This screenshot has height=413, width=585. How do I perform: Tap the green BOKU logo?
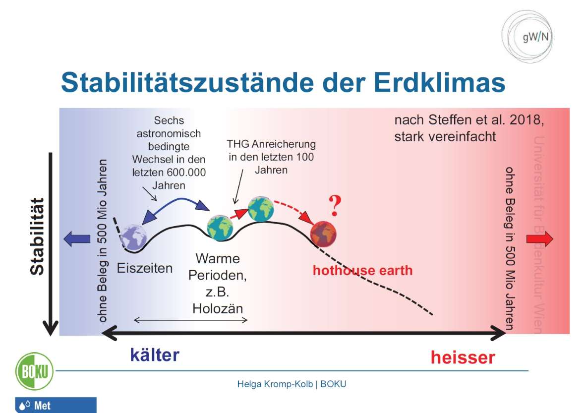pyautogui.click(x=34, y=371)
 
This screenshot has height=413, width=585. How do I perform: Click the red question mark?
pyautogui.click(x=335, y=205)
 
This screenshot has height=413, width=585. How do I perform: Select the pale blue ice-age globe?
pyautogui.click(x=133, y=237)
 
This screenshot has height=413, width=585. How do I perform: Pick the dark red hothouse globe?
pyautogui.click(x=323, y=235)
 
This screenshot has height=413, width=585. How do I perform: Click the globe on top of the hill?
pyautogui.click(x=261, y=209)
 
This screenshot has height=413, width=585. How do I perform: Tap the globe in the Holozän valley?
pyautogui.click(x=220, y=228)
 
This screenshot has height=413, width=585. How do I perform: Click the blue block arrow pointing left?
pyautogui.click(x=77, y=239)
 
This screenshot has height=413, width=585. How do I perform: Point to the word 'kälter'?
pyautogui.click(x=155, y=355)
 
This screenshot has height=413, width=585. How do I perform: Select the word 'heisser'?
pyautogui.click(x=463, y=357)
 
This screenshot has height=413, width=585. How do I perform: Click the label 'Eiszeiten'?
pyautogui.click(x=145, y=268)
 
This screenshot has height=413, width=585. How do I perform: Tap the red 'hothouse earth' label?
pyautogui.click(x=362, y=270)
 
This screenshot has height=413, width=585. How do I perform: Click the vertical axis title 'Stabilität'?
pyautogui.click(x=37, y=236)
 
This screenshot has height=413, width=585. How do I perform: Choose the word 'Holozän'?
pyautogui.click(x=218, y=308)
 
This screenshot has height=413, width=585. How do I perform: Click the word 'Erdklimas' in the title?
pyautogui.click(x=440, y=83)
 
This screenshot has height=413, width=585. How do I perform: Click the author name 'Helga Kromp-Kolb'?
pyautogui.click(x=275, y=384)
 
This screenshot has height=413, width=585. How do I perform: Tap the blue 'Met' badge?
pyautogui.click(x=56, y=405)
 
